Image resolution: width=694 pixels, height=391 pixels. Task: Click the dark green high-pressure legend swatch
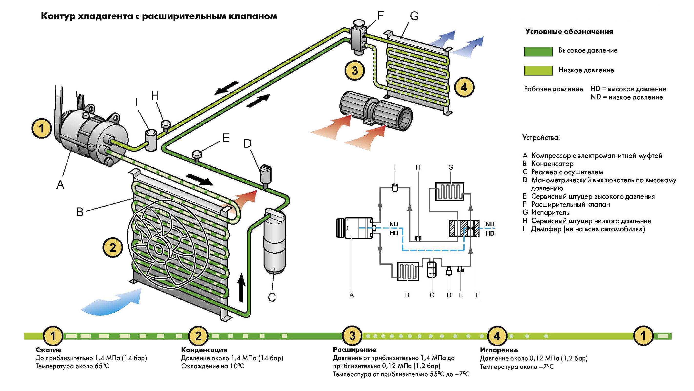(538, 51)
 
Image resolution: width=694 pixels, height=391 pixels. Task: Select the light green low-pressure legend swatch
(538, 70)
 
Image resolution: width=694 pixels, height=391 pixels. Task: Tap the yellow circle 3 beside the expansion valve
(355, 71)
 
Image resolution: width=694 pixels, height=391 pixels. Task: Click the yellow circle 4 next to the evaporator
(464, 87)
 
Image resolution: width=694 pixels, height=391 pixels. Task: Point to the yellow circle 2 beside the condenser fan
(112, 247)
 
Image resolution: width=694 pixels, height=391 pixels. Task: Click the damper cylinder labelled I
(151, 140)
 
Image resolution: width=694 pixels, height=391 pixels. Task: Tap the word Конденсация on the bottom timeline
(204, 350)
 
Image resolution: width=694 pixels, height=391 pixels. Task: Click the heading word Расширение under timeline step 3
(354, 349)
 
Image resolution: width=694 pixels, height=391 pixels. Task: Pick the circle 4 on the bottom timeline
(497, 336)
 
